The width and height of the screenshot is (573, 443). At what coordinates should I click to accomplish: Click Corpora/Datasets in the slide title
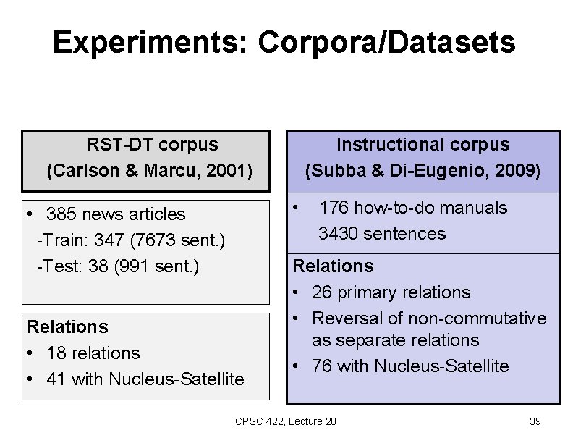click(x=386, y=43)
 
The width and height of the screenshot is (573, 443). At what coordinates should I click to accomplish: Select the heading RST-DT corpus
click(x=152, y=144)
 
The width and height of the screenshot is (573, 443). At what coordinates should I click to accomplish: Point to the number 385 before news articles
click(x=60, y=214)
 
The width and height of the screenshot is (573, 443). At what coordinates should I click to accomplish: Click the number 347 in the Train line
click(x=106, y=240)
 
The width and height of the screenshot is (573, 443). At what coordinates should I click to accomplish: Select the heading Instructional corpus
click(x=423, y=144)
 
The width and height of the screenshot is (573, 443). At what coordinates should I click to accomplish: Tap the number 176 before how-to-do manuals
click(x=333, y=208)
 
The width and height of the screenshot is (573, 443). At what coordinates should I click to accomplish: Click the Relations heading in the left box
click(x=67, y=327)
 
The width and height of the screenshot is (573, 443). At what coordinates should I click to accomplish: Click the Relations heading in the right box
click(x=333, y=266)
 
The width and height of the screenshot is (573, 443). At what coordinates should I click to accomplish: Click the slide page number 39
click(x=535, y=421)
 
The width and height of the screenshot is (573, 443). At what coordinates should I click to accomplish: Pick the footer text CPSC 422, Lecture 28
click(x=286, y=421)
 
